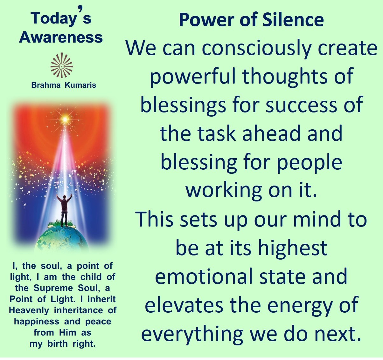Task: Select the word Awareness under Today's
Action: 61,37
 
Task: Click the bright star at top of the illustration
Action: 65,119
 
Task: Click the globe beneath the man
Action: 61,239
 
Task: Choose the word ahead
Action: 271,133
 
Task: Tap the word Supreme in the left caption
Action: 53,289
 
